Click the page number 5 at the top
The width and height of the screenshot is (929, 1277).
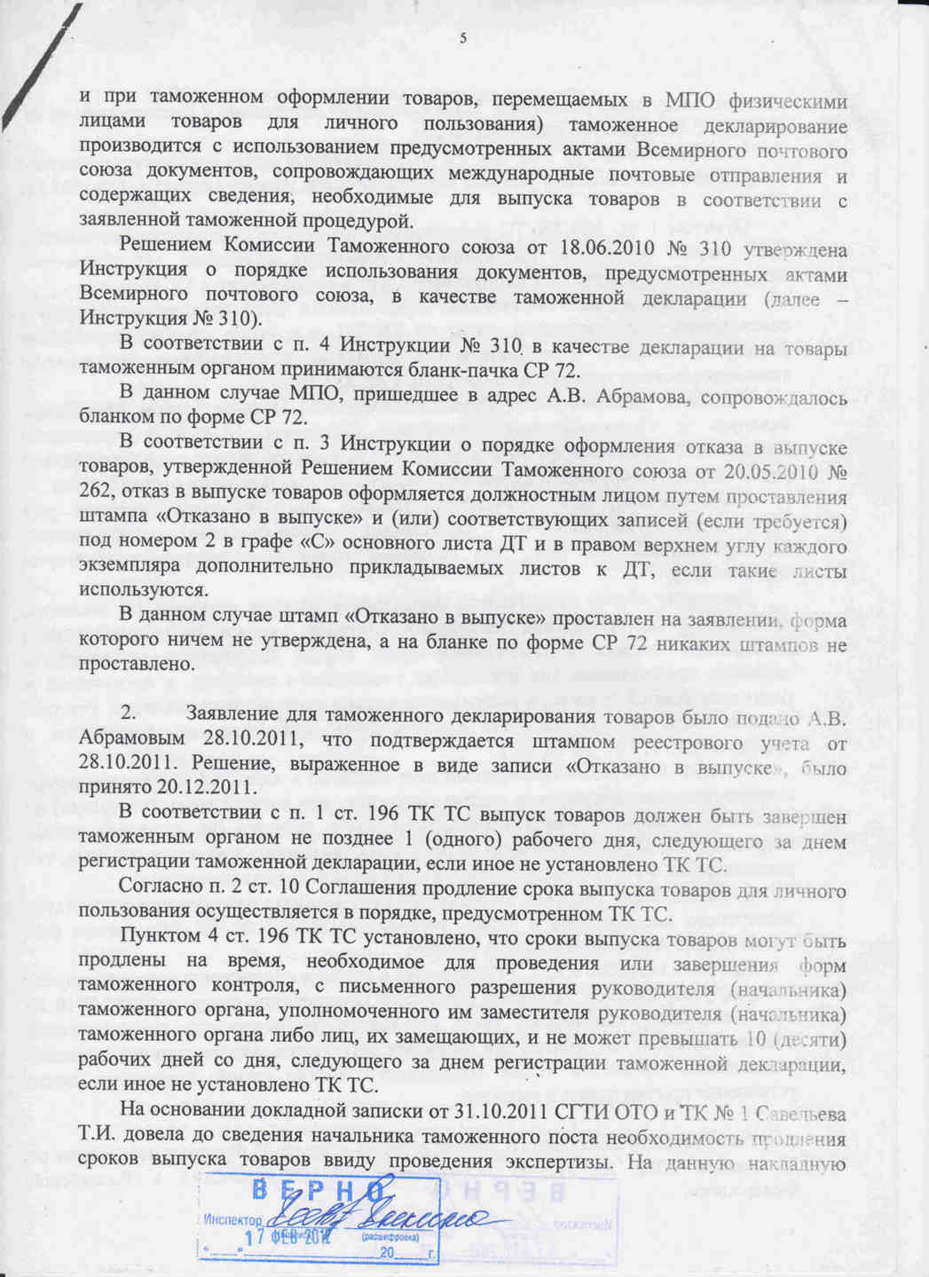point(462,38)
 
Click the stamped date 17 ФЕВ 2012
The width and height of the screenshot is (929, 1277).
point(281,1235)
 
